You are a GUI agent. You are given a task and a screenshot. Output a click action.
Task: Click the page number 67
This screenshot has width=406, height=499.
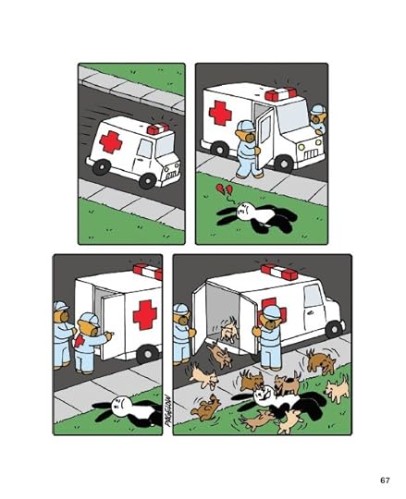pyautogui.click(x=384, y=480)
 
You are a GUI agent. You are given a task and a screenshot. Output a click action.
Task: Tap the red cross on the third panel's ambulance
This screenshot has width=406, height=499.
pyautogui.click(x=144, y=315)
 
